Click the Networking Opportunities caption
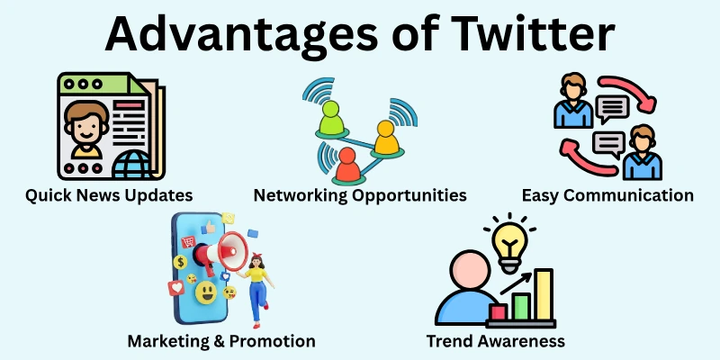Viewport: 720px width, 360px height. (360, 194)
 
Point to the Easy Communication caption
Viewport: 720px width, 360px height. (607, 194)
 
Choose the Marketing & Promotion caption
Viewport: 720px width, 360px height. (221, 341)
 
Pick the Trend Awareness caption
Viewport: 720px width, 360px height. (496, 341)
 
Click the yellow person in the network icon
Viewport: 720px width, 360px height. (386, 138)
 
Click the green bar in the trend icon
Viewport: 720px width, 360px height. (521, 305)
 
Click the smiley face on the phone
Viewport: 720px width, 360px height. (206, 292)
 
